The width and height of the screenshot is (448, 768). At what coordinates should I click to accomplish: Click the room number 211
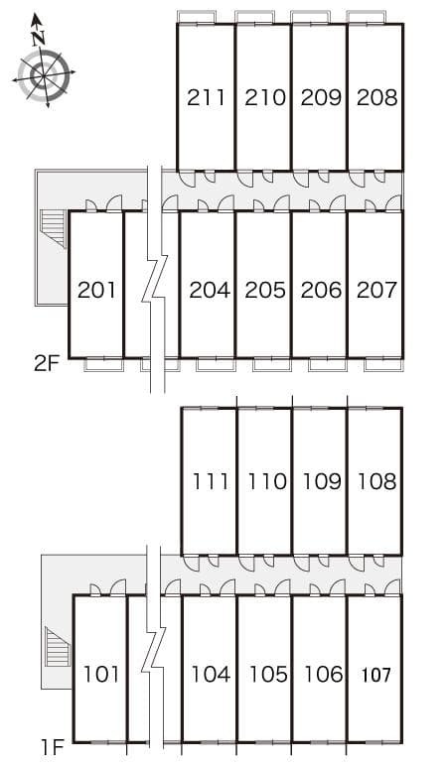(206, 97)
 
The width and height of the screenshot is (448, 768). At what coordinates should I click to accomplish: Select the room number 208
(377, 97)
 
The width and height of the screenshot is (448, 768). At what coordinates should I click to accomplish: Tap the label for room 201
(96, 291)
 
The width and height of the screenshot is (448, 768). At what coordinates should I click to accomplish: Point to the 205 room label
(264, 291)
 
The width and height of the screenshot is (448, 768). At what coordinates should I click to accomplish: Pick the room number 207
(376, 291)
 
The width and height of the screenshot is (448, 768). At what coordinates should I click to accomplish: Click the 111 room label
(210, 482)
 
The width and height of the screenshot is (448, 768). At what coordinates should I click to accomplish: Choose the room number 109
(321, 482)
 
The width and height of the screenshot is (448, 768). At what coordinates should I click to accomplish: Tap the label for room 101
(101, 675)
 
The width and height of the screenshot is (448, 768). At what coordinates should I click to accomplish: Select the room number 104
(210, 675)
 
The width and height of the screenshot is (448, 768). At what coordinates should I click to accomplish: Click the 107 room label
(375, 675)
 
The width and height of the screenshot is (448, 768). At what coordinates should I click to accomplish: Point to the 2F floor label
(47, 363)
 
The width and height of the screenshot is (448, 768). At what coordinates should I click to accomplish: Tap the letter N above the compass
(39, 38)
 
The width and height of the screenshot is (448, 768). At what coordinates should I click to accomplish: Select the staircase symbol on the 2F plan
(52, 229)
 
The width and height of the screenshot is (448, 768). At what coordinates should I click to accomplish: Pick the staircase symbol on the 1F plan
(57, 646)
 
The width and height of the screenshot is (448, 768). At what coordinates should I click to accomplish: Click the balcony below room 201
(102, 364)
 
